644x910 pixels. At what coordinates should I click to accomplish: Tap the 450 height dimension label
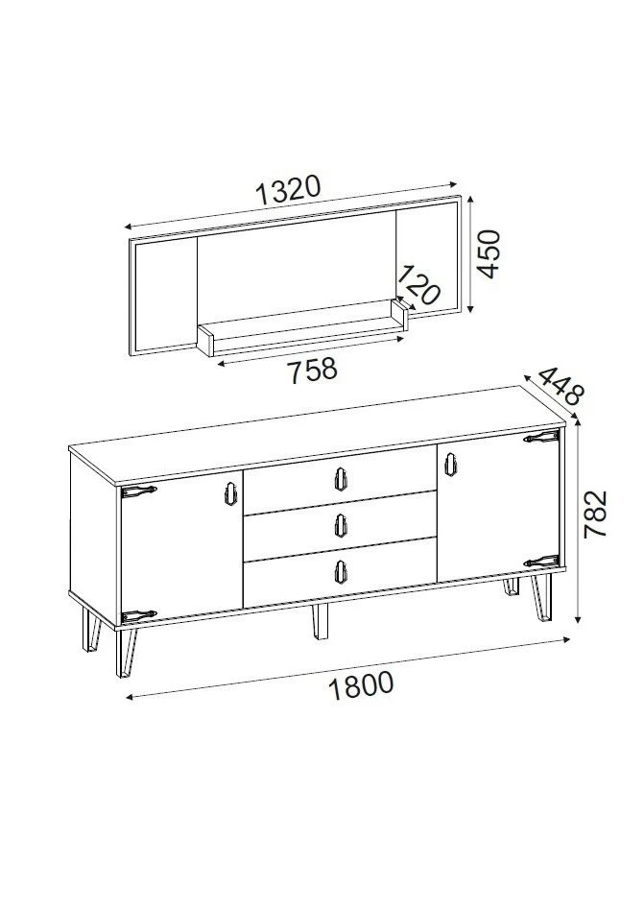coord(490,253)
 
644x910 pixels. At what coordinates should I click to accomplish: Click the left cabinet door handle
coord(228,491)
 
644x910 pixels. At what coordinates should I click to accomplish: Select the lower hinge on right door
coord(540,561)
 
